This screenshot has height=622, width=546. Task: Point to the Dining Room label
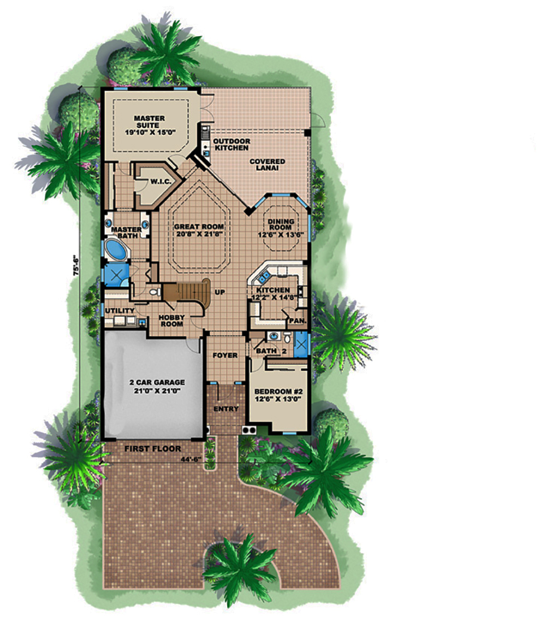click(x=281, y=224)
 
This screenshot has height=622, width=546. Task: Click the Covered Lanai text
click(x=268, y=165)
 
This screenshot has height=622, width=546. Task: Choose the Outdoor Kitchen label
click(x=232, y=144)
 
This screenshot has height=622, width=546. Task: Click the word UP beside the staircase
click(x=219, y=292)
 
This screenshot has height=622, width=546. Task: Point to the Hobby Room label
click(x=171, y=321)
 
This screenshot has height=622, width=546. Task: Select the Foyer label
click(x=225, y=356)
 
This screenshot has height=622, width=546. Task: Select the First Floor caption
click(x=152, y=448)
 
